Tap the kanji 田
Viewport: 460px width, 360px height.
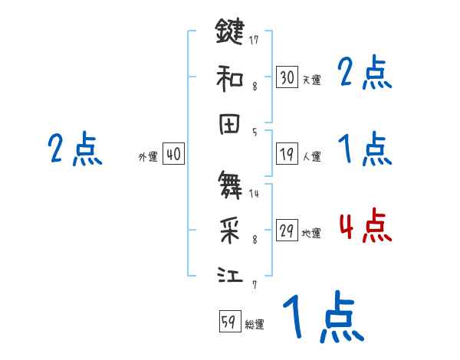[x=229, y=126]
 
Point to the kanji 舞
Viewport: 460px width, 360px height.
[x=229, y=184]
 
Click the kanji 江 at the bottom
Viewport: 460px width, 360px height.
[x=229, y=275]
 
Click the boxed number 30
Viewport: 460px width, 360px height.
[x=287, y=77]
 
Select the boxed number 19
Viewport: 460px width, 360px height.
[x=287, y=155]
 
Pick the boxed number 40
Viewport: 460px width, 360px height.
[x=173, y=155]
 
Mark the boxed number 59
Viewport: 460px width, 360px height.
[x=228, y=322]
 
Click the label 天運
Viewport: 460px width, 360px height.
[x=311, y=79]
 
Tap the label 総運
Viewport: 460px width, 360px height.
[x=255, y=324]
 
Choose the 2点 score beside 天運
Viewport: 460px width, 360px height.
[x=364, y=74]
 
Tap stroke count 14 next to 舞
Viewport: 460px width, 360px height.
[x=254, y=192]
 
